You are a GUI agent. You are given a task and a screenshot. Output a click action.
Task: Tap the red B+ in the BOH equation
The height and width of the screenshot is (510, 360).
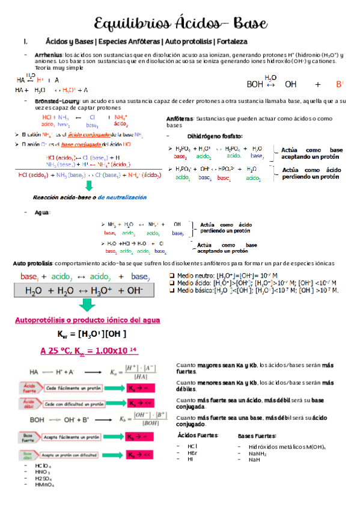(340, 84)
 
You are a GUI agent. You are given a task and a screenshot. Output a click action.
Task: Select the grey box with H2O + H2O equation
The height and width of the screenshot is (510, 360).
(88, 290)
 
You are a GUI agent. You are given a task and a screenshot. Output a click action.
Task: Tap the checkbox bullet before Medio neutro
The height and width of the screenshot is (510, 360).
(172, 275)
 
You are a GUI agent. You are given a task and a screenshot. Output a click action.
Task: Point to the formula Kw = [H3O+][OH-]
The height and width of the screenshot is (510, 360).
(92, 334)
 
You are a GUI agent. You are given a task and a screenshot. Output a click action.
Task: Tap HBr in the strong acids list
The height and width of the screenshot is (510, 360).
(193, 452)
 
